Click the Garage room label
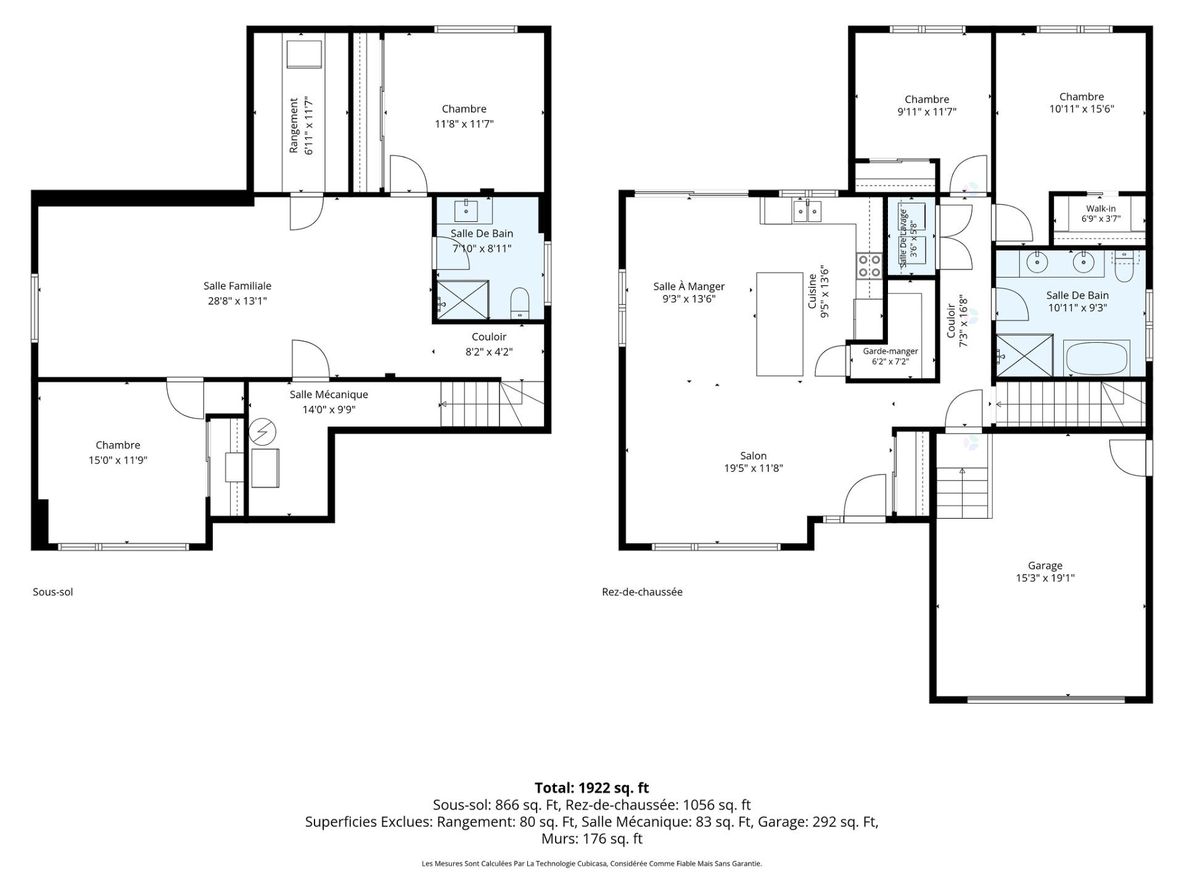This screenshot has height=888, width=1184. click(x=1045, y=565)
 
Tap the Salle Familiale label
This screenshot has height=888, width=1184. click(x=237, y=286)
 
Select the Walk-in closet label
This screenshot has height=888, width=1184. click(x=1101, y=208)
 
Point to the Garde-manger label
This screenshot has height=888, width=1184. click(x=890, y=351)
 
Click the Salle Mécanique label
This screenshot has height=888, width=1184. click(x=329, y=395)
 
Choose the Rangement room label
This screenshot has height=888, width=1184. click(x=294, y=125)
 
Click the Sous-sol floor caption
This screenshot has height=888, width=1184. click(x=53, y=592)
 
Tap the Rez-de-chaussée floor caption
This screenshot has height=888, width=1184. click(x=642, y=592)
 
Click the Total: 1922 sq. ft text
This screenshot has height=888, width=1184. click(x=592, y=787)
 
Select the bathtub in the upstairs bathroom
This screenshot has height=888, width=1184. click(x=1096, y=358)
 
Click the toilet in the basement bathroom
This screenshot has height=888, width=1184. click(x=520, y=303)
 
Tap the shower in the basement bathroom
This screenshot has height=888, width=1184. click(x=462, y=300)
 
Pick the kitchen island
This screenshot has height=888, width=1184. click(x=779, y=324)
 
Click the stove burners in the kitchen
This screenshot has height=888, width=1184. click(x=869, y=266)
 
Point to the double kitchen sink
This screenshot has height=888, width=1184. click(x=808, y=211)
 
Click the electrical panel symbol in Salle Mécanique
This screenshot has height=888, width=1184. click(x=263, y=432)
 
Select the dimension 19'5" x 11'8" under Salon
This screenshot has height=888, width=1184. click(x=754, y=469)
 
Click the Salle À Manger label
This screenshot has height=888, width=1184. click(x=689, y=287)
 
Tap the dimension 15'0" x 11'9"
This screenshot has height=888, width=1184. click(x=118, y=460)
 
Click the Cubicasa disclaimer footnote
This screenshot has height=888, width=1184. click(x=592, y=864)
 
